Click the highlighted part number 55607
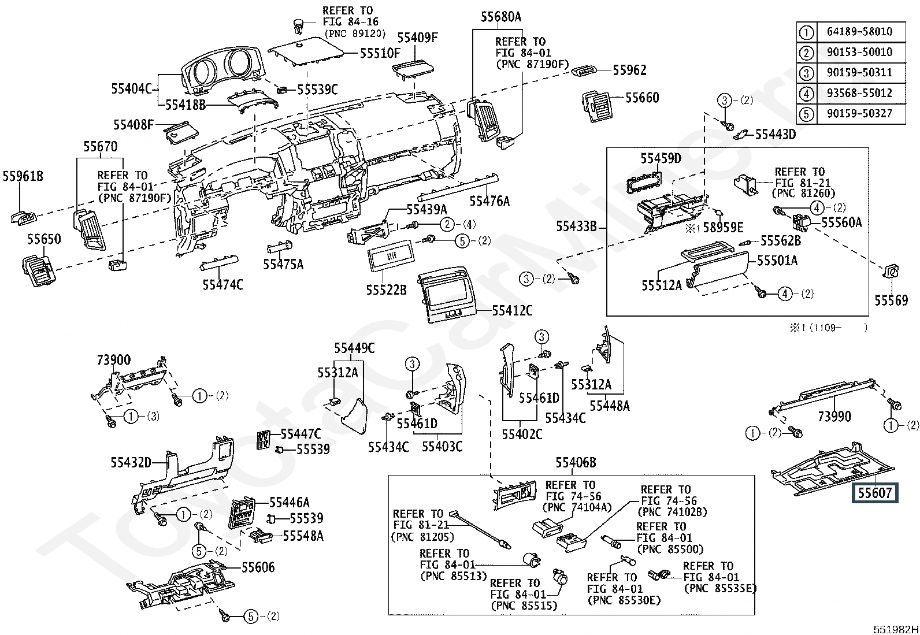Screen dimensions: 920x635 (875, 493)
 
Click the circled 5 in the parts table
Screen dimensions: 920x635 (806, 114)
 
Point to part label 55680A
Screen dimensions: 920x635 (501, 17)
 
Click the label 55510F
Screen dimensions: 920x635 (380, 53)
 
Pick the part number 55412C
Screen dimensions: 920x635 (512, 310)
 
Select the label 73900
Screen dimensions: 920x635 (114, 360)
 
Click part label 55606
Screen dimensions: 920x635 (258, 567)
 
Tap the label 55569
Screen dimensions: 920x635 (891, 300)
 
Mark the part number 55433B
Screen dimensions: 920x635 (576, 226)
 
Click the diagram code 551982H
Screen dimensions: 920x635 (895, 629)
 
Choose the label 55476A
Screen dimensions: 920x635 (489, 201)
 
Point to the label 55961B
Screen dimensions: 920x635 (23, 176)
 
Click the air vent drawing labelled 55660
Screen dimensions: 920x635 (598, 106)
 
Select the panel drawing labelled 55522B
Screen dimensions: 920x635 (391, 255)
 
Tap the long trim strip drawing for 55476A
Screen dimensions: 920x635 (458, 187)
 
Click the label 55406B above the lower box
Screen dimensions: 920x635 (576, 463)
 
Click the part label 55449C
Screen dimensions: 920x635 (354, 348)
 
